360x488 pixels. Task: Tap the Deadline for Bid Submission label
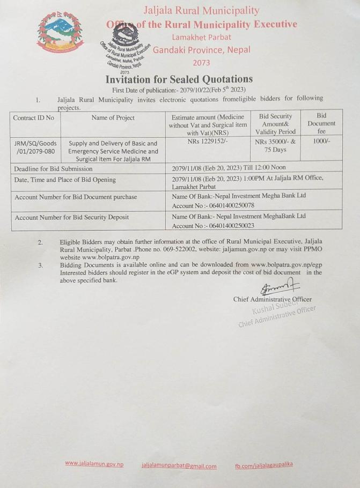pyautogui.click(x=54, y=168)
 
